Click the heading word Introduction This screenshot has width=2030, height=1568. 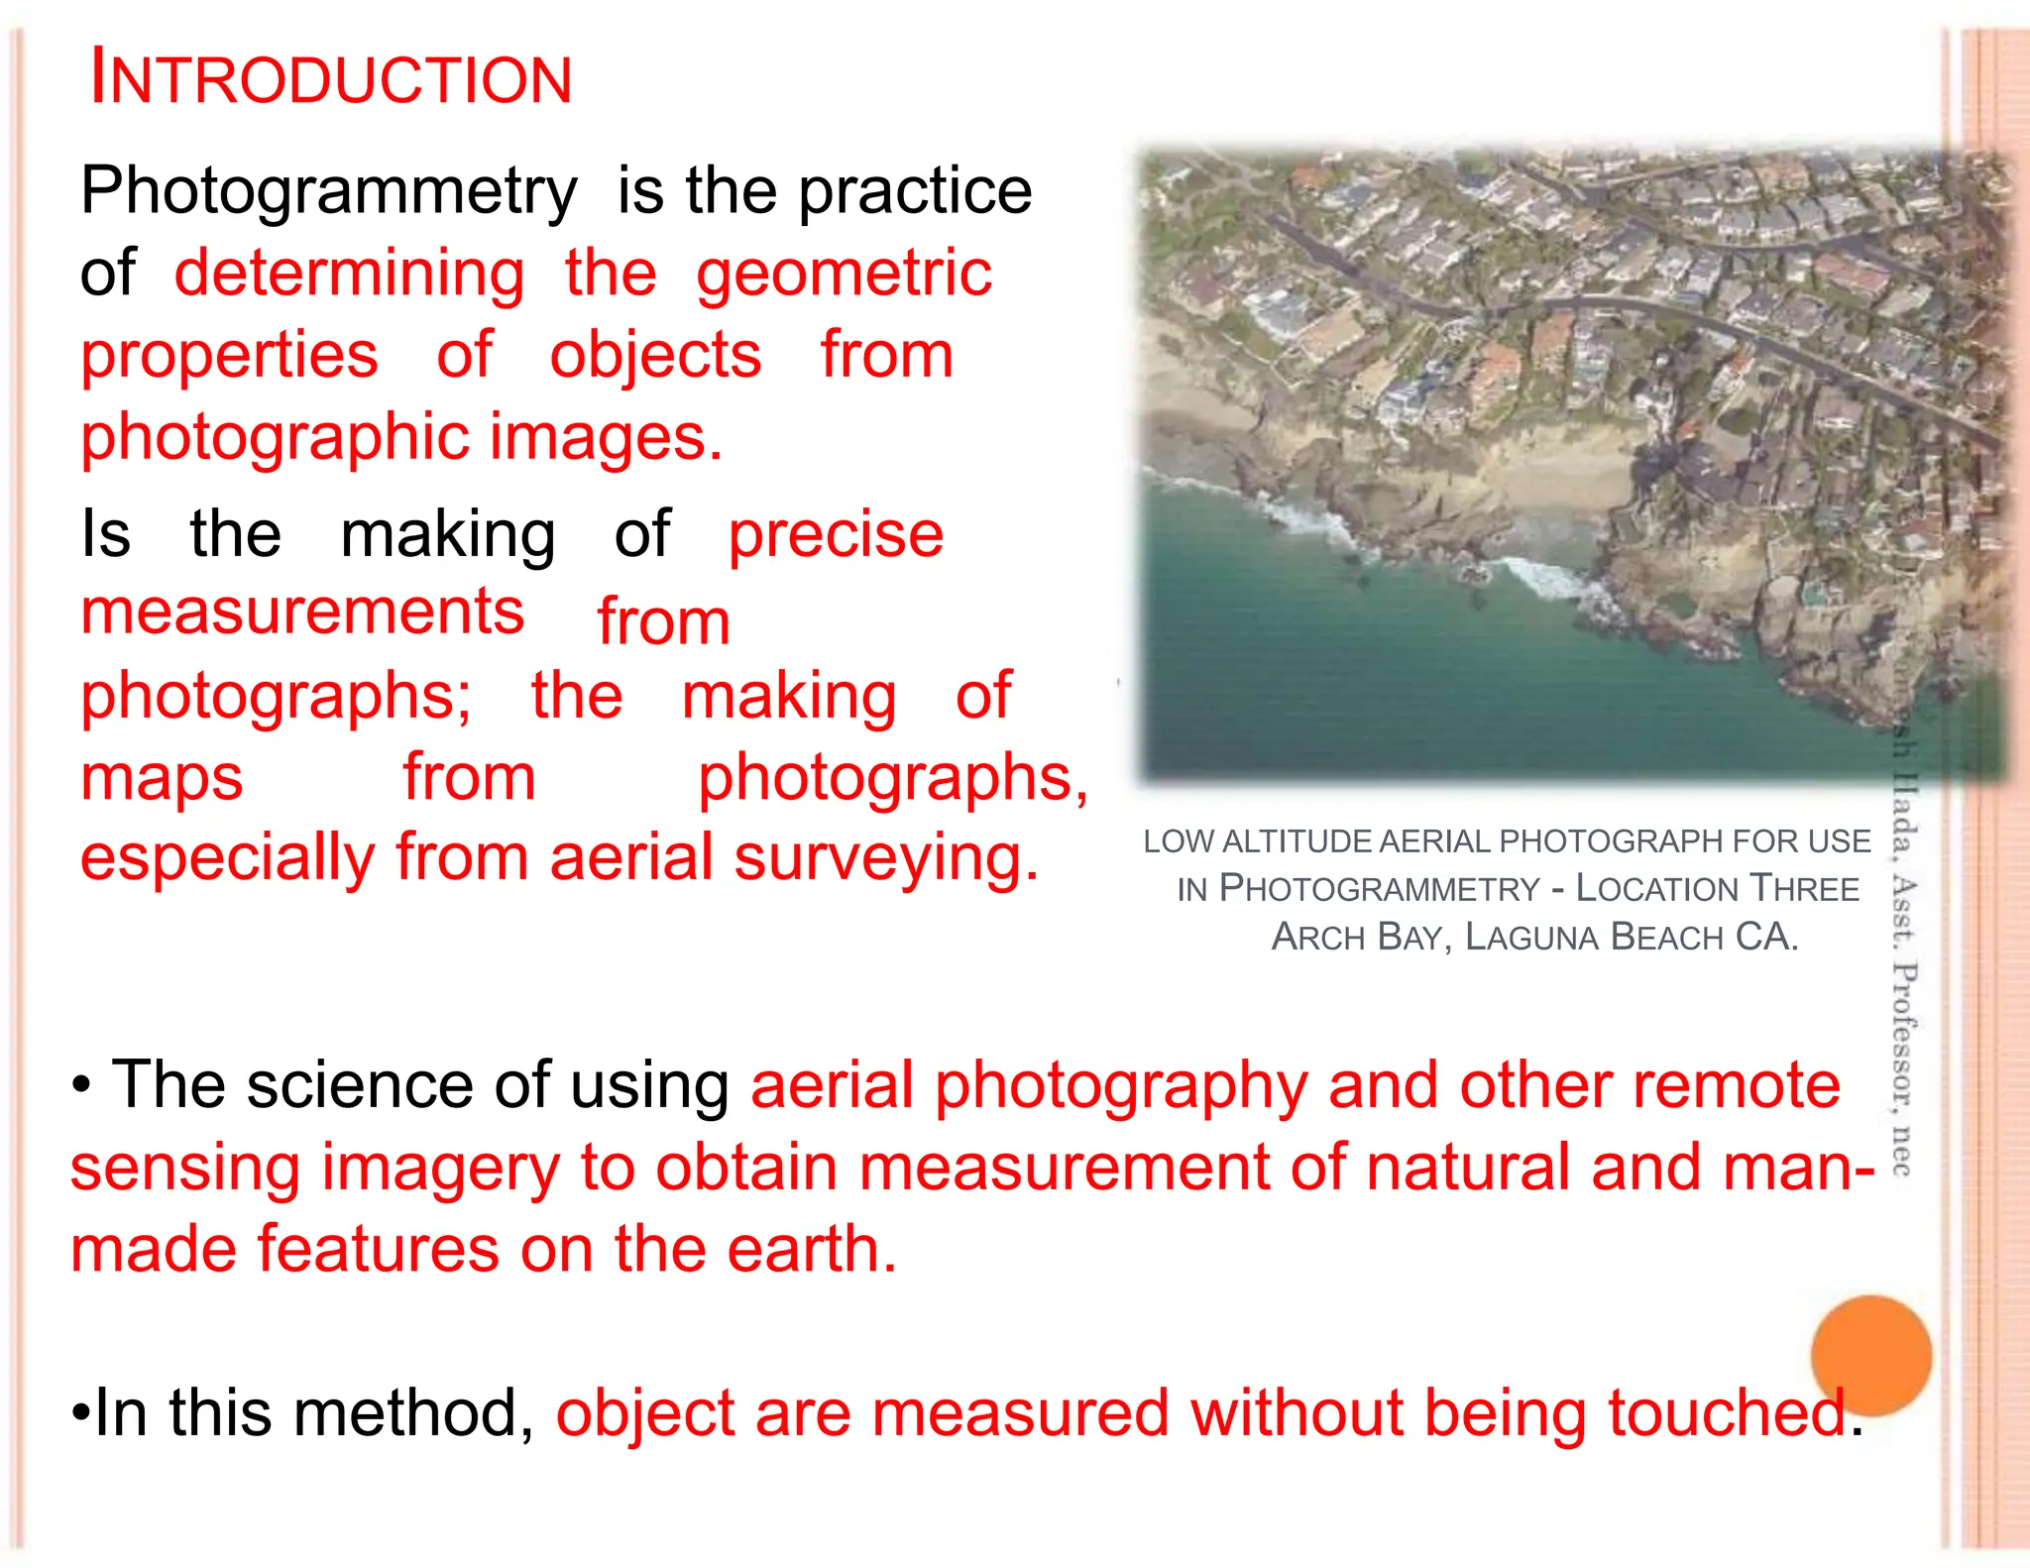click(x=331, y=79)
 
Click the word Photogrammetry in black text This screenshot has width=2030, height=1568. click(x=328, y=191)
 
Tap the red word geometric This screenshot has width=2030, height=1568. click(x=844, y=275)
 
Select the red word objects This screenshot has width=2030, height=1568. click(x=655, y=356)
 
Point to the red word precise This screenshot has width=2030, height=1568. click(x=836, y=535)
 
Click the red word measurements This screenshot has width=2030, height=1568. click(x=302, y=612)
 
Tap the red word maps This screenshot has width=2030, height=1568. click(x=162, y=778)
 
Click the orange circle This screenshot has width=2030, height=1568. click(x=1870, y=1355)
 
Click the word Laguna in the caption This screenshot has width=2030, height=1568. click(x=1530, y=937)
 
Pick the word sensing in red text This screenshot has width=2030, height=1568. click(x=184, y=1170)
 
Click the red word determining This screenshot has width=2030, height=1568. click(x=349, y=275)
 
